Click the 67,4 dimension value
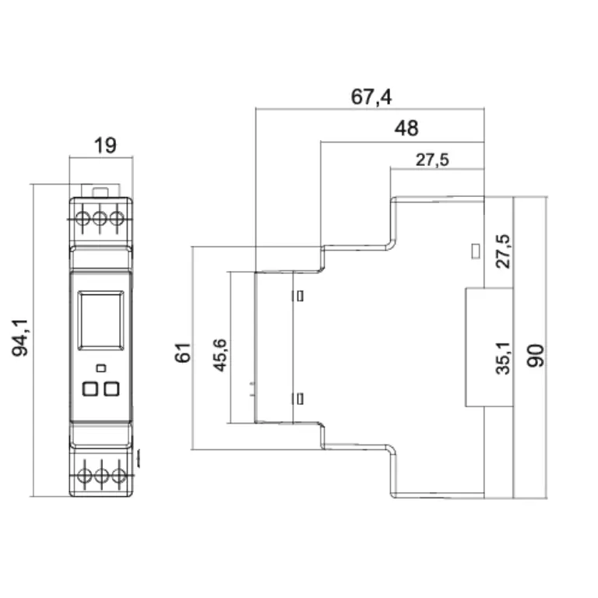tap(371, 97)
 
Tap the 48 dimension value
tap(406, 128)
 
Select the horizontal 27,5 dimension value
tap(432, 160)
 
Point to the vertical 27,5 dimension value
tap(503, 252)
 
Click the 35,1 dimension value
tap(503, 358)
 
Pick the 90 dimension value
tap(536, 355)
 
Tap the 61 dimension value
tap(183, 353)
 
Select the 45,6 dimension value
tap(220, 355)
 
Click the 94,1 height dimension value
tap(19, 338)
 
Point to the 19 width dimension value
tap(105, 146)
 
